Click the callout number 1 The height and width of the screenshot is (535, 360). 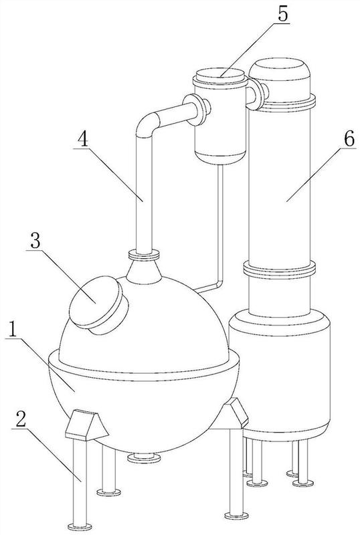point(12,330)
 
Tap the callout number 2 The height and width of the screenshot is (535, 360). point(21,421)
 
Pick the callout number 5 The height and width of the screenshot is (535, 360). point(282,14)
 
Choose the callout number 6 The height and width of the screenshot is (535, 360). point(349,139)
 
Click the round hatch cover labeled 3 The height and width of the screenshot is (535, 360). point(99,305)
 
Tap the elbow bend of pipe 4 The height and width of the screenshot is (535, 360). point(147,124)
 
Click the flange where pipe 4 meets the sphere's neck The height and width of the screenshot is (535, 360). point(144,255)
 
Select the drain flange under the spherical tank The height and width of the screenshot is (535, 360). point(144,457)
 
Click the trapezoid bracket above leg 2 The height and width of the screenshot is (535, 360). point(87,425)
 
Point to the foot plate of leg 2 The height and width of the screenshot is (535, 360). point(80,526)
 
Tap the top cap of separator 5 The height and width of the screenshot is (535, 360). point(220,78)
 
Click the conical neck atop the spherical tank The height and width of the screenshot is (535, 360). point(144,272)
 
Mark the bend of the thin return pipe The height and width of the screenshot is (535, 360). point(219,284)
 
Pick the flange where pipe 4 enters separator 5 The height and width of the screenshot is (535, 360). point(197,110)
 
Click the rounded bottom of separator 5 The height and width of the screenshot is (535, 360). point(220,157)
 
